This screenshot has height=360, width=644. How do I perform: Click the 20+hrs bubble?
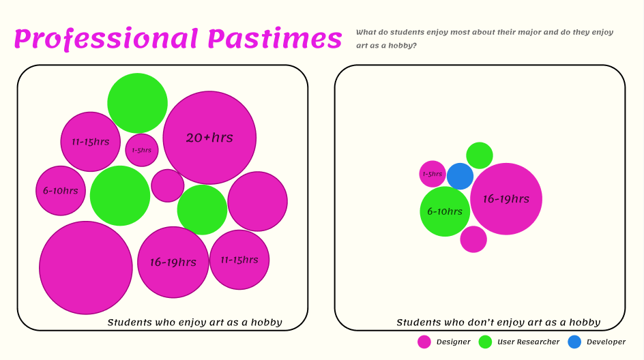209,138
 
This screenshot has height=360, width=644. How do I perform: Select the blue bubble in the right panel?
460,176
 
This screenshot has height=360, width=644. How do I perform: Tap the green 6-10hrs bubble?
445,211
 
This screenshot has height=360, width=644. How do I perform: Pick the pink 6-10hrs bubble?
60,190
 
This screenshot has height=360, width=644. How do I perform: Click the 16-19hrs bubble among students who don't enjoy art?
506,198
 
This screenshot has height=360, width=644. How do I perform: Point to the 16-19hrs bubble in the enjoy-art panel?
173,262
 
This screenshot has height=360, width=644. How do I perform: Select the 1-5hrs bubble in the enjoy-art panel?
142,150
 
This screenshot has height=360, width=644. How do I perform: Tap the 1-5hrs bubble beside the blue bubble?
433,174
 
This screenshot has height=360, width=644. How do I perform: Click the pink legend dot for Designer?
424,342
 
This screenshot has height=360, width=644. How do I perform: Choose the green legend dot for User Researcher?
485,342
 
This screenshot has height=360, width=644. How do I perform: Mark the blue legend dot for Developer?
574,342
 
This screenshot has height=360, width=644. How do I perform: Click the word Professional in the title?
106,40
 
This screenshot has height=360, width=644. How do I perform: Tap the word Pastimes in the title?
275,39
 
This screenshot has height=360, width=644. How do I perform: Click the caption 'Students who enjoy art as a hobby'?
194,322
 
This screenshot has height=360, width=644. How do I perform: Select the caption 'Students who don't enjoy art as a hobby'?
498,322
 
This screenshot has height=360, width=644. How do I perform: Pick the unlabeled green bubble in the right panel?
480,155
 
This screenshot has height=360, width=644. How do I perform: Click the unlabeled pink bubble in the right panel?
473,239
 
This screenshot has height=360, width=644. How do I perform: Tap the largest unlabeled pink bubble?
86,268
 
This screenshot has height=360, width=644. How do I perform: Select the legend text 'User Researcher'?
528,342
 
